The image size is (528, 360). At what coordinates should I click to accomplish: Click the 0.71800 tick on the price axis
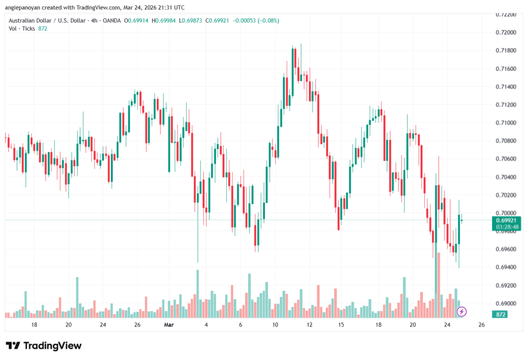pos(505,51)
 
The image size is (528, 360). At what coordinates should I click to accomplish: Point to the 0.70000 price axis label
pos(505,213)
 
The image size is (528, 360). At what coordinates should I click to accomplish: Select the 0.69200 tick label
pos(505,285)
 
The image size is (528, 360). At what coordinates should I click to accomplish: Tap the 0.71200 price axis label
pos(505,105)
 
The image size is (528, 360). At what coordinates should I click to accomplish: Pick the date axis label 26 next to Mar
pos(138,325)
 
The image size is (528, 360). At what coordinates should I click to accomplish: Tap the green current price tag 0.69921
pos(505,220)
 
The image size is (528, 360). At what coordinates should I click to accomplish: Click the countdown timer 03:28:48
pos(505,227)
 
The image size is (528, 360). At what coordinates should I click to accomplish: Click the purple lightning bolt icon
pos(462,312)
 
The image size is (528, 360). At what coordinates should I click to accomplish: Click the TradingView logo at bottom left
pos(44,346)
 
